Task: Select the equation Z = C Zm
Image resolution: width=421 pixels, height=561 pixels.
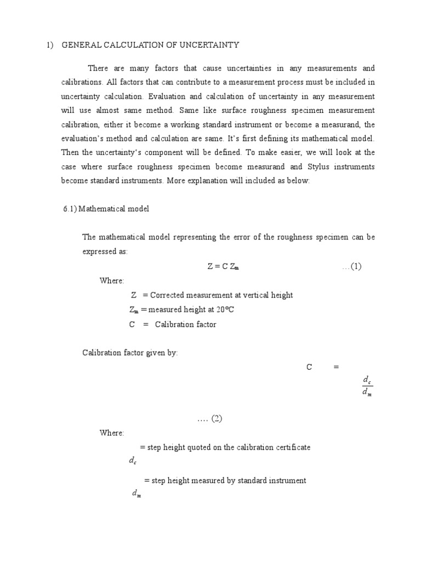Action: (223, 267)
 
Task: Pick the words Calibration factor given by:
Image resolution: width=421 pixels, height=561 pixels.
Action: (130, 353)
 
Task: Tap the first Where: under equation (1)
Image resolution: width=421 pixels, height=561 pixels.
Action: (112, 281)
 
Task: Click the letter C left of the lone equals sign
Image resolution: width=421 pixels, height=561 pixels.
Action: (309, 368)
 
